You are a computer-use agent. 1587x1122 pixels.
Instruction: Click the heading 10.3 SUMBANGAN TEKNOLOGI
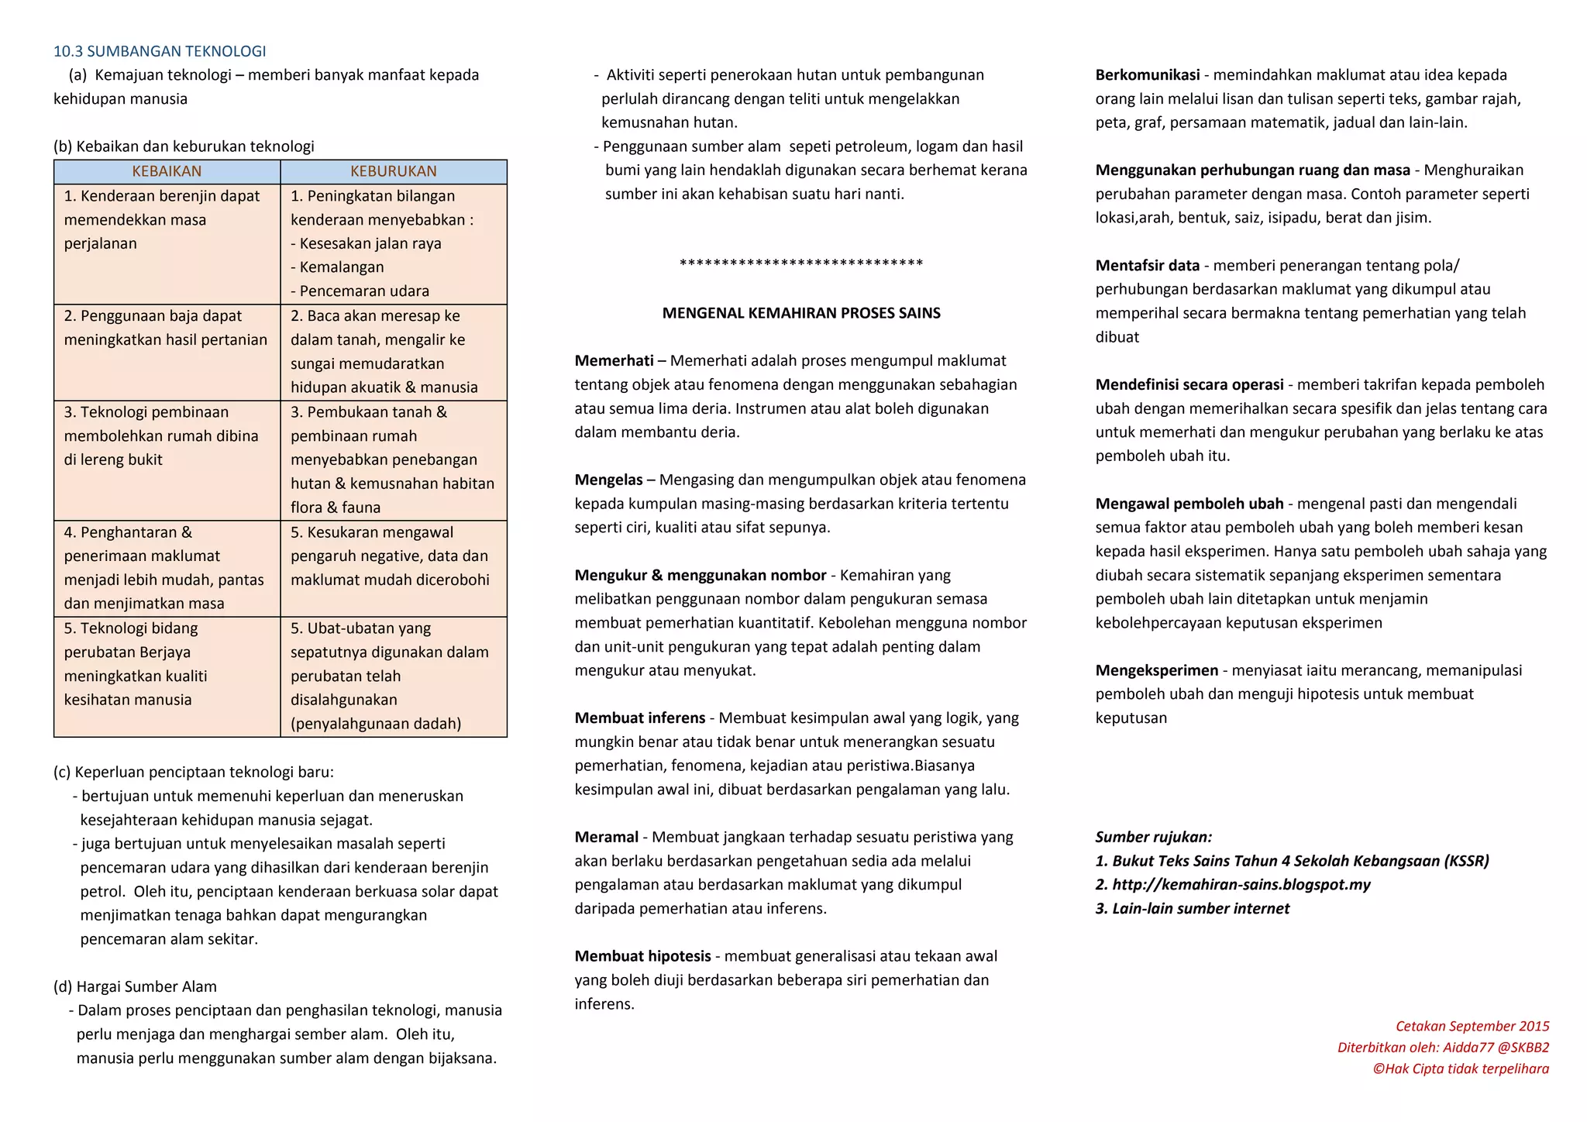[x=160, y=51]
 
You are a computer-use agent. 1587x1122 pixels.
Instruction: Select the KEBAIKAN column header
[x=167, y=171]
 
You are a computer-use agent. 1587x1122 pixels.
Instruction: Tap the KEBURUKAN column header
[x=393, y=171]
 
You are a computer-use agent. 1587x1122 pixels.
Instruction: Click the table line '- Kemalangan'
[x=337, y=267]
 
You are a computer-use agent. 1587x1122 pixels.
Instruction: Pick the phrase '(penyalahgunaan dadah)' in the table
[x=376, y=724]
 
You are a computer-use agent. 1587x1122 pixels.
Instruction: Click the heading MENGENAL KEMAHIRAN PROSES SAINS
[x=801, y=313]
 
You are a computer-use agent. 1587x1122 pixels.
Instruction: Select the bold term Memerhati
[x=614, y=360]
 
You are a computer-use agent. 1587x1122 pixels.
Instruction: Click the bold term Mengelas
[x=608, y=480]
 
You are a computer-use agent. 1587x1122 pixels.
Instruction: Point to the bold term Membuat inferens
[x=640, y=718]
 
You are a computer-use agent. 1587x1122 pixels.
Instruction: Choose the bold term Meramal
[x=607, y=837]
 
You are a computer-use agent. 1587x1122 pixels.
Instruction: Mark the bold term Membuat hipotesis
[x=642, y=956]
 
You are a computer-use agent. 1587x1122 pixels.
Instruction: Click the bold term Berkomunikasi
[x=1148, y=75]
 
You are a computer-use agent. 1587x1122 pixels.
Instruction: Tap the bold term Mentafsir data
[x=1148, y=266]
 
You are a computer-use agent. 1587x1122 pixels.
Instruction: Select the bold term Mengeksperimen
[x=1157, y=670]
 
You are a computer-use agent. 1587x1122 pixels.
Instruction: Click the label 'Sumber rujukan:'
[x=1154, y=837]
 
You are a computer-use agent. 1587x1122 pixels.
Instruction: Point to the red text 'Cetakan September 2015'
[x=1472, y=1027]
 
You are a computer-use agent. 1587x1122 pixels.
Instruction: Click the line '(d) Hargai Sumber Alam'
[x=135, y=986]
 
